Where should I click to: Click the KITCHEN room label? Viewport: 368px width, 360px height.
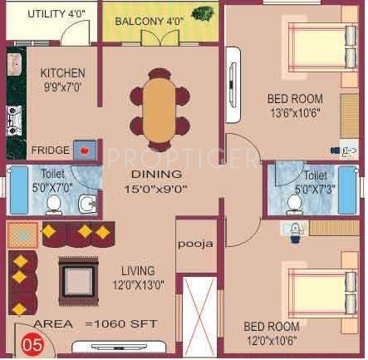[x=62, y=73]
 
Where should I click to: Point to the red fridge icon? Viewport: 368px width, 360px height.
[x=86, y=150]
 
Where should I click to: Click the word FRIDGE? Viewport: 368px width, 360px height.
[x=51, y=150]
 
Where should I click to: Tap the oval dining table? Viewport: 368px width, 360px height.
[x=156, y=104]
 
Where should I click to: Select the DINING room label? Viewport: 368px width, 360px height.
[x=156, y=175]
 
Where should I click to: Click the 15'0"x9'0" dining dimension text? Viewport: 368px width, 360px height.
[x=156, y=188]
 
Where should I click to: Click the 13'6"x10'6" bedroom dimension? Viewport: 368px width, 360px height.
[x=294, y=112]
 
